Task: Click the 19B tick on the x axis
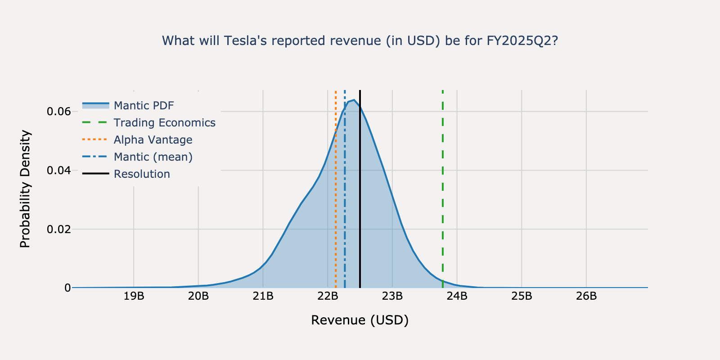click(x=134, y=296)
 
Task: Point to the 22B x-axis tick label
click(x=328, y=296)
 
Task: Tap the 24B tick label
click(x=457, y=296)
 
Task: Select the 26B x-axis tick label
click(x=586, y=296)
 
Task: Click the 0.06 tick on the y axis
click(x=59, y=112)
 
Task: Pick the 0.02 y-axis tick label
click(x=59, y=229)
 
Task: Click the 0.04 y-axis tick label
click(x=59, y=171)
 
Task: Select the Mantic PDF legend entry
click(x=144, y=105)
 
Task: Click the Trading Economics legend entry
click(x=164, y=122)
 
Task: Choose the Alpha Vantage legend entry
click(x=153, y=139)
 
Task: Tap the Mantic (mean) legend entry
click(x=153, y=157)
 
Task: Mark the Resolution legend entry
click(x=142, y=174)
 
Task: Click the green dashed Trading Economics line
click(x=443, y=189)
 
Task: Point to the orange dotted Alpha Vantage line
click(x=336, y=202)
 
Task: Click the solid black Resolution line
click(x=360, y=202)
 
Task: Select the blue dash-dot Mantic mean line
click(x=345, y=202)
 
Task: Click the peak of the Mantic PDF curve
click(x=354, y=100)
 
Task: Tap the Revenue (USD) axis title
click(x=360, y=320)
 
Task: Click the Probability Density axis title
click(x=25, y=189)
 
